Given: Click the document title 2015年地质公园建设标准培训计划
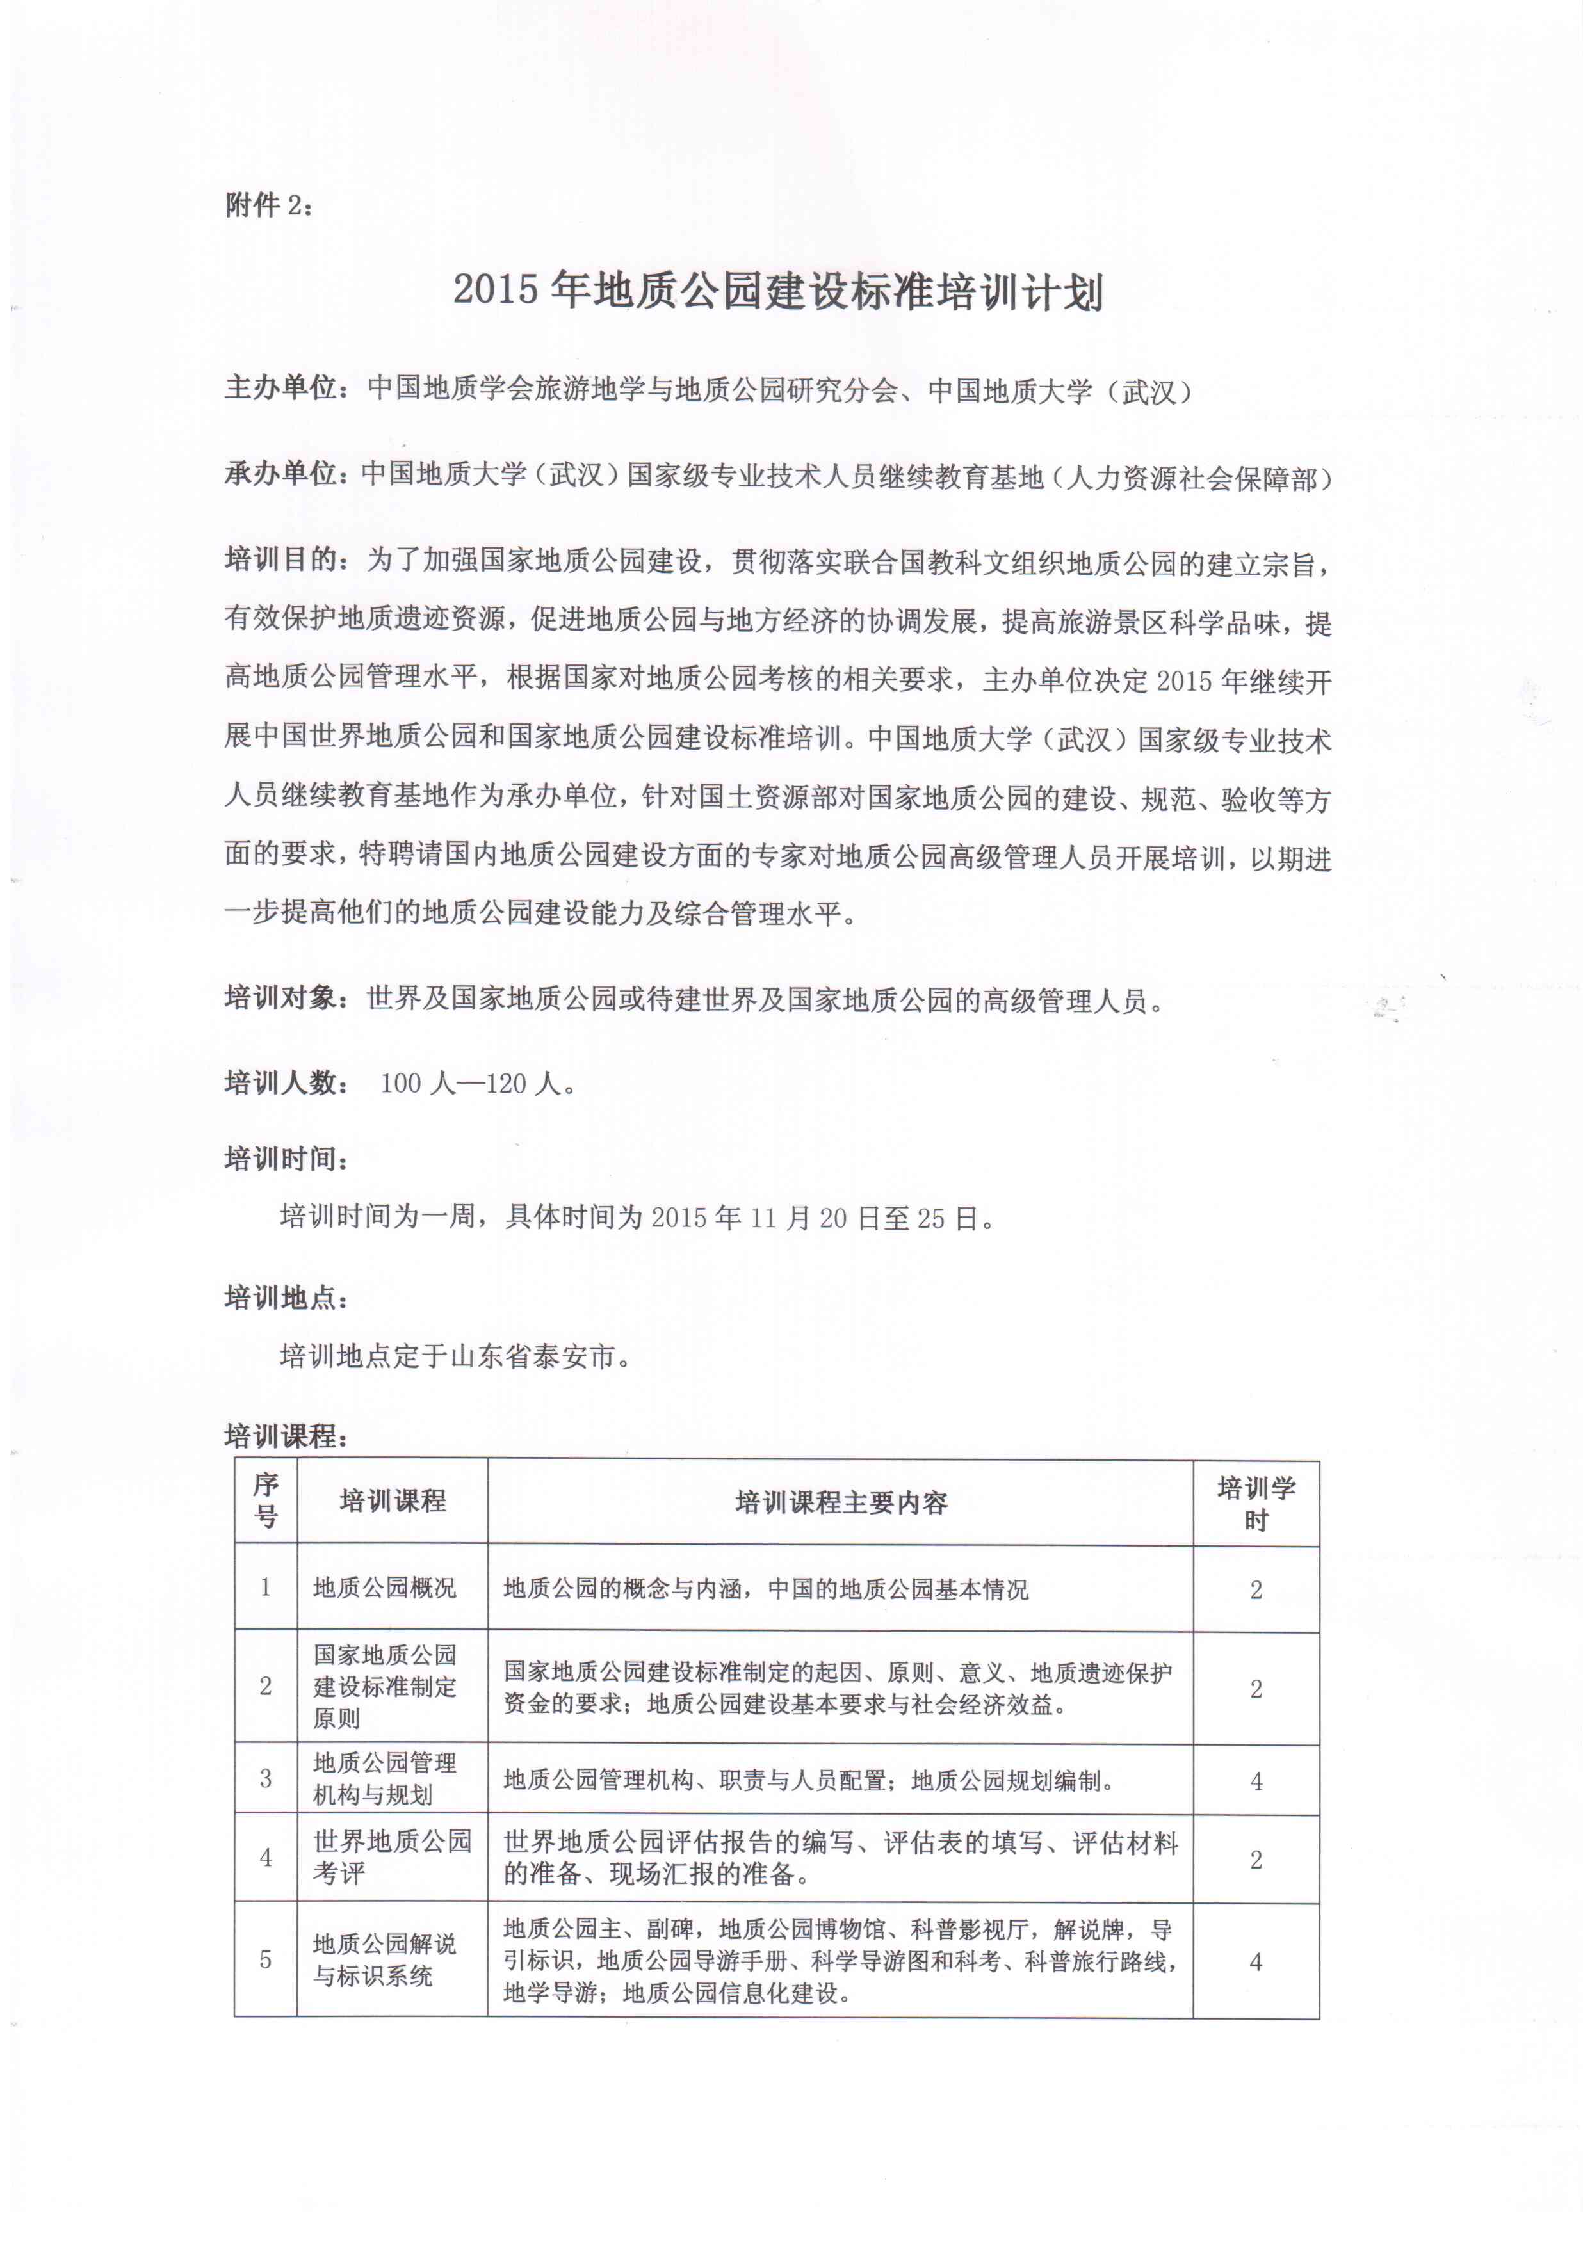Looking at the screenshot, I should tap(779, 292).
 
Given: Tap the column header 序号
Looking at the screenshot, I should tap(266, 1502).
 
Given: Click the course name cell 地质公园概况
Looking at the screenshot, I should tap(384, 1588).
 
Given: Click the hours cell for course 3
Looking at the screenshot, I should tap(1256, 1781).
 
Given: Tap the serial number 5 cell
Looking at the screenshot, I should tap(266, 1959).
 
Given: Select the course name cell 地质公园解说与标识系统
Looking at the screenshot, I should tap(384, 1959).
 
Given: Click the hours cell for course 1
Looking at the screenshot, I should tap(1256, 1589).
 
